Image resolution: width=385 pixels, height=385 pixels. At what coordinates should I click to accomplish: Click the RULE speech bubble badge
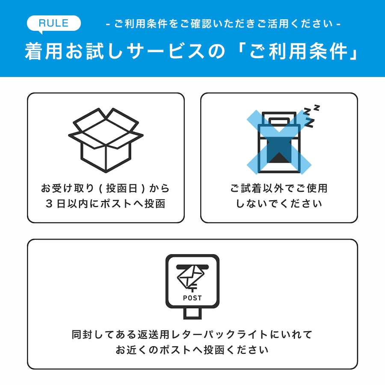[53, 23]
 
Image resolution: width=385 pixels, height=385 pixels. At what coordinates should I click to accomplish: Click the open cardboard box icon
[106, 139]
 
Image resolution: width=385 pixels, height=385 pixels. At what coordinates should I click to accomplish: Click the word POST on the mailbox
[192, 298]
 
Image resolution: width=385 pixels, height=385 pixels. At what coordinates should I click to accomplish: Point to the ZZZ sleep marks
[312, 115]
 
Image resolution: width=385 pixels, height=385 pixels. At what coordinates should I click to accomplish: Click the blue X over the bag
[278, 141]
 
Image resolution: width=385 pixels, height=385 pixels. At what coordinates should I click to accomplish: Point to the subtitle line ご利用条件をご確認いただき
[222, 24]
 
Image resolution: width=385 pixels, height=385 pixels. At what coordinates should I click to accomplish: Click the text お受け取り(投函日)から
[106, 188]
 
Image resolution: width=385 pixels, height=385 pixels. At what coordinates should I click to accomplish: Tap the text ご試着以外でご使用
[278, 188]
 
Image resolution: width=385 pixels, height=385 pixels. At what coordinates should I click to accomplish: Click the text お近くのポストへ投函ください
[192, 349]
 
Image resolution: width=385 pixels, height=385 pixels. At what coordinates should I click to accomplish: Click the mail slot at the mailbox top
[192, 266]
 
